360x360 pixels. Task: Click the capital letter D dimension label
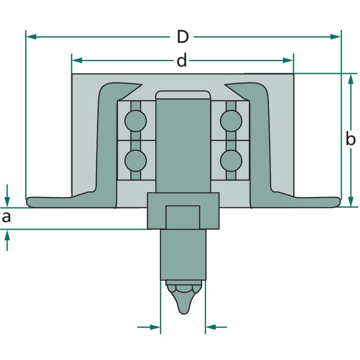[183, 37]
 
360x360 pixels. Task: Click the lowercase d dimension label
[182, 60]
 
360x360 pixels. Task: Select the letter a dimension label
[6, 217]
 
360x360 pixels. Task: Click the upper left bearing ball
[136, 121]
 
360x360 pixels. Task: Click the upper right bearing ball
[231, 121]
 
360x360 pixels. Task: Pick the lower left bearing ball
[136, 161]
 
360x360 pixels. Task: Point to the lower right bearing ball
[231, 161]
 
